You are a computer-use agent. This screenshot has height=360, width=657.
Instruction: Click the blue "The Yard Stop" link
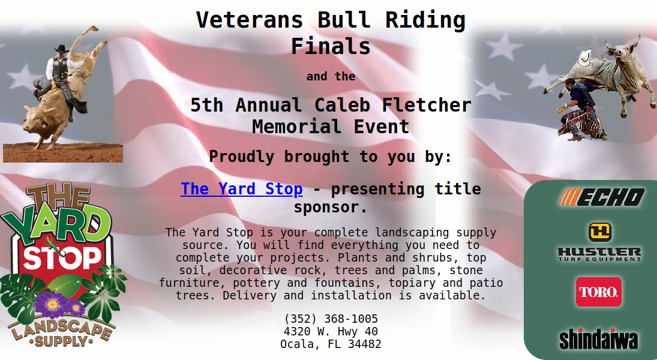241,189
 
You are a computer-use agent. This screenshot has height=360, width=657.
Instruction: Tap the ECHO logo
602,197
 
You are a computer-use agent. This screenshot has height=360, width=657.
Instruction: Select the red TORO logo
598,292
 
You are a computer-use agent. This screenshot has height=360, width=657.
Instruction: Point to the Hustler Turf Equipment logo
599,242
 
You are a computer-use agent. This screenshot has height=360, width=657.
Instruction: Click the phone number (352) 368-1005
331,319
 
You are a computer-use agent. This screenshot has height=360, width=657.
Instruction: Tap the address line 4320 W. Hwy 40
331,332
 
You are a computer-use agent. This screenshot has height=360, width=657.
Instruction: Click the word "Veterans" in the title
250,20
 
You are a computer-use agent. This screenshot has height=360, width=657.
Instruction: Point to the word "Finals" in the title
331,46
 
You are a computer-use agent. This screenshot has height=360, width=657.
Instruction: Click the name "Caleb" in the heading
343,105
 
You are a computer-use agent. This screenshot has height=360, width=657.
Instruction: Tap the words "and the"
331,76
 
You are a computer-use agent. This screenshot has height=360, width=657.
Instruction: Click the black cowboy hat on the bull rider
62,49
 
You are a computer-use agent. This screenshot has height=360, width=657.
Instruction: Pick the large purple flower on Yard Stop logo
52,304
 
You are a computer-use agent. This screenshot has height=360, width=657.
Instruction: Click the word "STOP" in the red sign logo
62,258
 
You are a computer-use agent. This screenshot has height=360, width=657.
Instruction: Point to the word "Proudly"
241,157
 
